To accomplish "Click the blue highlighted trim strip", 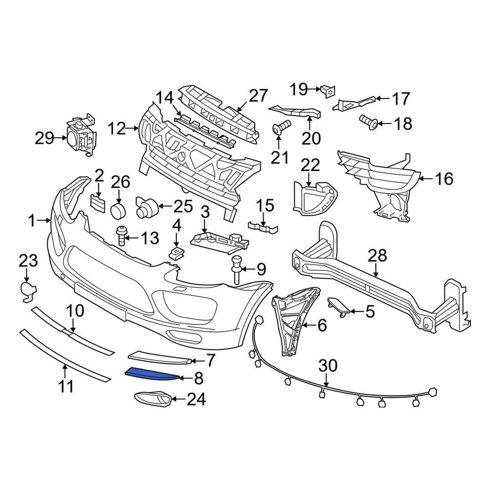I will click(x=151, y=374).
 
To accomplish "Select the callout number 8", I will click(x=199, y=378).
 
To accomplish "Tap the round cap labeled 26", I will click(x=118, y=211).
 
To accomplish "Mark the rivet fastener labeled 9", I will click(x=237, y=268).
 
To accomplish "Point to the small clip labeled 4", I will click(x=176, y=252).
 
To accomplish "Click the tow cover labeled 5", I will click(x=338, y=305).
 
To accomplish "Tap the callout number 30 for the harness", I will click(x=328, y=366).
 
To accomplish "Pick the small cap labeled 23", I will click(x=28, y=289).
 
